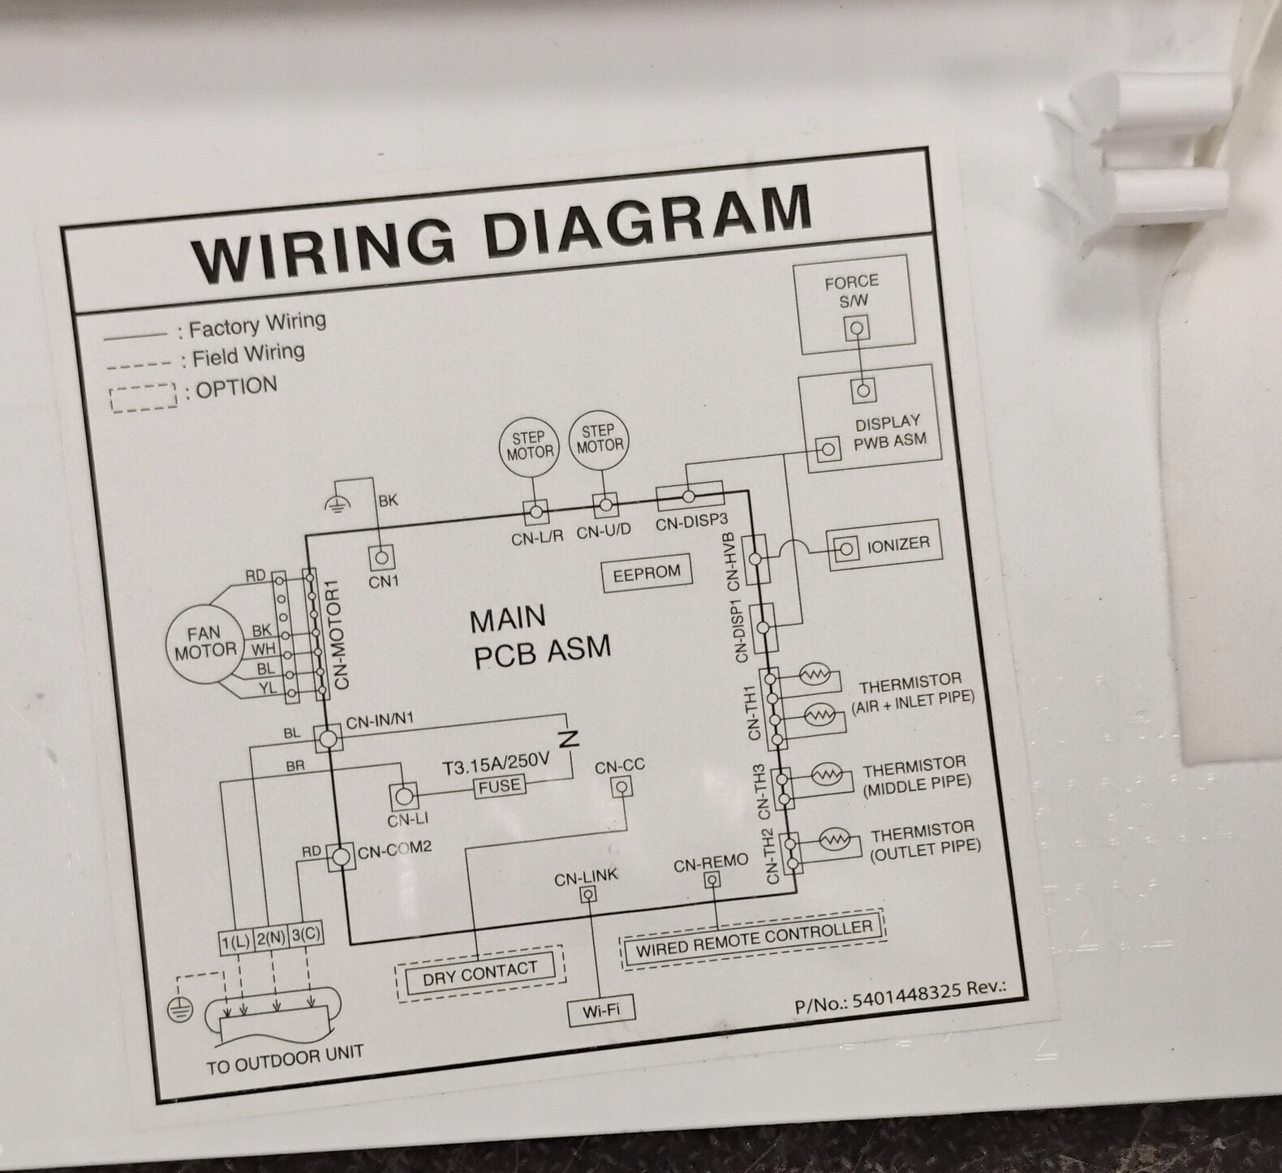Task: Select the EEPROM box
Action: tap(647, 574)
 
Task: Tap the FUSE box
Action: tap(499, 786)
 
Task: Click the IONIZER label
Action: tap(898, 544)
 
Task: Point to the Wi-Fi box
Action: tap(601, 1011)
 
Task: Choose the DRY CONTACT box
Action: tap(480, 970)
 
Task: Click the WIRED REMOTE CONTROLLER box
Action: tap(753, 938)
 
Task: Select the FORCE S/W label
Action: tap(852, 291)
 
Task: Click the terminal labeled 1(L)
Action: tap(236, 941)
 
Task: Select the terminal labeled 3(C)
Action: tap(307, 935)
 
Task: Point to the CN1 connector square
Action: tap(381, 558)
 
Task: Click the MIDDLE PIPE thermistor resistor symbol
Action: tap(827, 776)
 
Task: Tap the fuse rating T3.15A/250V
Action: tap(495, 763)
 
